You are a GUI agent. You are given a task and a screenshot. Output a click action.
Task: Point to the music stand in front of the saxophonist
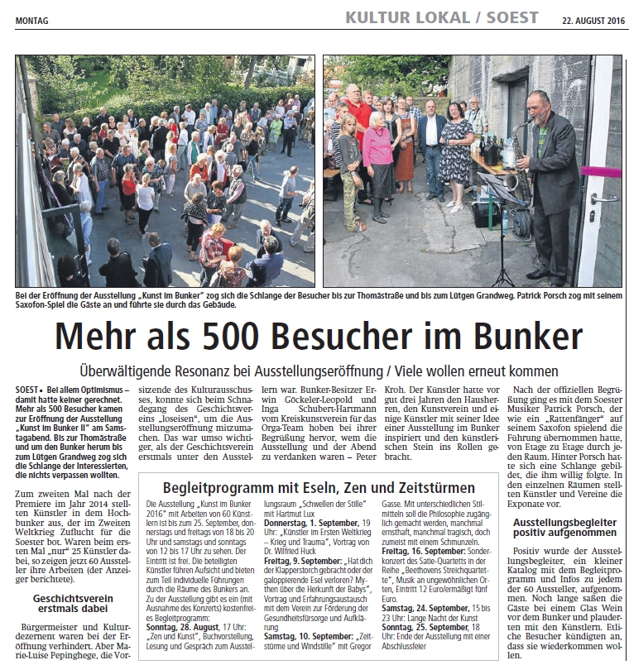click(493, 190)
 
